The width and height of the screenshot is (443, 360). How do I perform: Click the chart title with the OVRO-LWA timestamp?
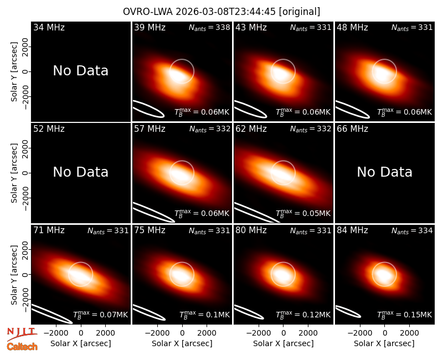click(221, 12)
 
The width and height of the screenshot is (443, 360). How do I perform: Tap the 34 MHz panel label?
click(49, 27)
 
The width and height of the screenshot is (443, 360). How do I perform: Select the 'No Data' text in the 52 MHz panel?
click(80, 172)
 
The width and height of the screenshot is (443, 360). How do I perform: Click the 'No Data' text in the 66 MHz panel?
click(384, 172)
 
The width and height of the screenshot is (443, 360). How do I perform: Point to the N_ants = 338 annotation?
click(209, 27)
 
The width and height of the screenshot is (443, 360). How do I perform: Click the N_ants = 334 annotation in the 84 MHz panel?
click(412, 230)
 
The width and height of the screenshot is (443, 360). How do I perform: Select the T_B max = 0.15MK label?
click(405, 314)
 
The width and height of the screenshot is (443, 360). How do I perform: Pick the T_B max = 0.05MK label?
click(303, 213)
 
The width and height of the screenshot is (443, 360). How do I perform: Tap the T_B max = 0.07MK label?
click(101, 314)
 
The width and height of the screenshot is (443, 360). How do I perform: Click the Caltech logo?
click(22, 347)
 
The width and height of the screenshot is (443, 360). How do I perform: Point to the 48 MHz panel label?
click(352, 27)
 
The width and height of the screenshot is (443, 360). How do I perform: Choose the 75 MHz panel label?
click(150, 230)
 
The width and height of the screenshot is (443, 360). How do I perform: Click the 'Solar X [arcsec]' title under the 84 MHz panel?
click(384, 343)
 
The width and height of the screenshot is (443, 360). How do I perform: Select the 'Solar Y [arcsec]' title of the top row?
click(14, 72)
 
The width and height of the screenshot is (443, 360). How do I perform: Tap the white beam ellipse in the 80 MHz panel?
click(249, 312)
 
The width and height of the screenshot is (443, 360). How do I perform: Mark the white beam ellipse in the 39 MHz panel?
click(148, 109)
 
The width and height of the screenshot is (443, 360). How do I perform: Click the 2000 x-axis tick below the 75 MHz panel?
click(207, 333)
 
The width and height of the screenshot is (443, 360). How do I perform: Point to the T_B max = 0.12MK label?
click(303, 314)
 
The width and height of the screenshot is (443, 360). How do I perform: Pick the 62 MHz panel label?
click(251, 129)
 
